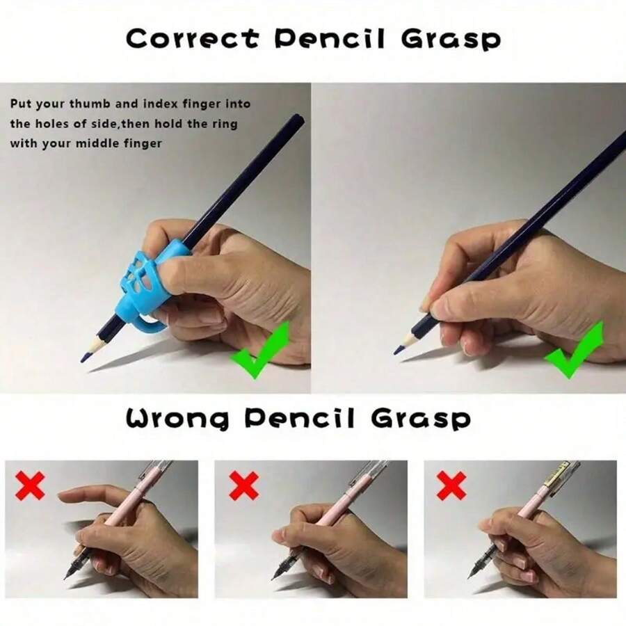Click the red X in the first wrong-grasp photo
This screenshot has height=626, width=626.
(x=30, y=485)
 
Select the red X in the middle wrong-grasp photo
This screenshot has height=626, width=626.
(x=243, y=485)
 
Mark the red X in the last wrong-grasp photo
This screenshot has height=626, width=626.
(x=451, y=485)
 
